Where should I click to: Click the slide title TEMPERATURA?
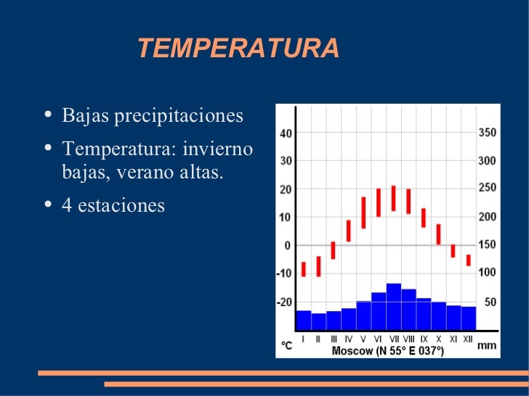[x=238, y=49]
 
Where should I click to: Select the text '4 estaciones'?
[x=113, y=205]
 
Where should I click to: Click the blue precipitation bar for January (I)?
[x=304, y=320]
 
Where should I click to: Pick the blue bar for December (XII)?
[x=469, y=318]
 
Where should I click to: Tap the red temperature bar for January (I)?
[x=304, y=268]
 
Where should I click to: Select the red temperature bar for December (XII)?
[x=469, y=260]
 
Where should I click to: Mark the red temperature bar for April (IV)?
[x=349, y=231]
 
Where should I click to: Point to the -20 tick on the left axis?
[x=283, y=302]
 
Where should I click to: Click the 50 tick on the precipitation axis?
[x=490, y=302]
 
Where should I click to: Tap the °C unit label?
[x=287, y=346]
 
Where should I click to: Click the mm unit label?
[x=487, y=346]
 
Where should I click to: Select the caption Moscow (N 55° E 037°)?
[x=387, y=350]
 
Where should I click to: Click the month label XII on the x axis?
[x=468, y=339]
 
